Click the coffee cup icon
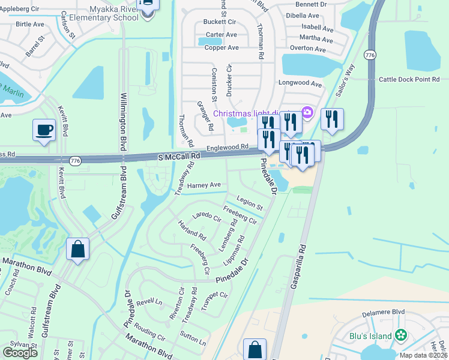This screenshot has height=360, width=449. click(44, 130)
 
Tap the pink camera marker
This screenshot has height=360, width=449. click(307, 112)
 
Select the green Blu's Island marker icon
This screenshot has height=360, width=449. click(401, 335)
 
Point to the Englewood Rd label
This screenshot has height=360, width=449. click(228, 146)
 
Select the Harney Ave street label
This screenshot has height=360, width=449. click(204, 185)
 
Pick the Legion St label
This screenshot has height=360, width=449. click(250, 202)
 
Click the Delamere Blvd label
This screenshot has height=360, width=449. click(384, 312)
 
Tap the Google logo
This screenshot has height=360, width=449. click(20, 353)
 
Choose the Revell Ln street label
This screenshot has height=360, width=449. click(149, 302)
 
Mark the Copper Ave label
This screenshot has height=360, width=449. click(221, 47)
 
